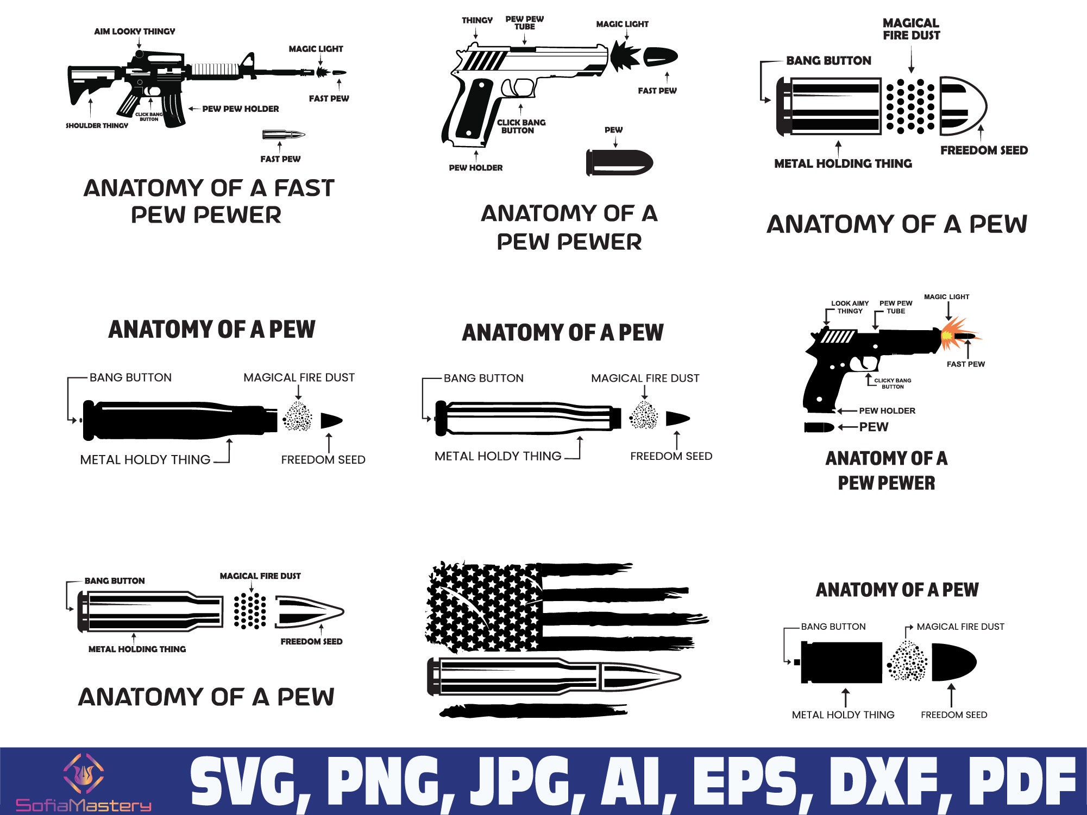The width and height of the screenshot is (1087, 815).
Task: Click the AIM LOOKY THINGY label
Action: click(x=135, y=31)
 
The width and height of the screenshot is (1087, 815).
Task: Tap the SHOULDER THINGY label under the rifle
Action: click(x=97, y=125)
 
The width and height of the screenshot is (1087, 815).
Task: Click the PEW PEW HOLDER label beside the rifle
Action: click(x=240, y=109)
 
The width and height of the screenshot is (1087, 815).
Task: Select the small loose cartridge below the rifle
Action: click(x=283, y=134)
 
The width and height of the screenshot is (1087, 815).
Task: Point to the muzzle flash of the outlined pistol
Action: click(x=625, y=56)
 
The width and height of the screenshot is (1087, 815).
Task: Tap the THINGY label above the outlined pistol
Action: click(x=477, y=21)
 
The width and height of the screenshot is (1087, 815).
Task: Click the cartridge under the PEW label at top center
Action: click(x=619, y=162)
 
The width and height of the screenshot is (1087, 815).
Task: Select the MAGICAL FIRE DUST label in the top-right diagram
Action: click(x=911, y=29)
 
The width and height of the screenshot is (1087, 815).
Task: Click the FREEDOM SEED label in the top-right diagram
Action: click(x=984, y=150)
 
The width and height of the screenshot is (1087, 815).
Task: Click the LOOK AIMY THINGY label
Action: click(x=850, y=307)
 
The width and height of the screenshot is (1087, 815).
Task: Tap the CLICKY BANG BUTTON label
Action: click(x=893, y=383)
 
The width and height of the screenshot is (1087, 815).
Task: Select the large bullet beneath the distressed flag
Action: click(x=554, y=677)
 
